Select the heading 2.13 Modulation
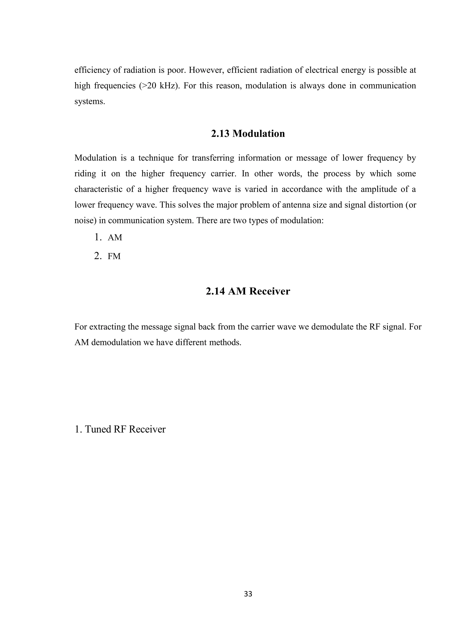pyautogui.click(x=248, y=133)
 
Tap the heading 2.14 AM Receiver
pyautogui.click(x=248, y=291)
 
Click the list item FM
pyautogui.click(x=114, y=256)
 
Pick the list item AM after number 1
pyautogui.click(x=115, y=238)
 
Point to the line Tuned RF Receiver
pyautogui.click(x=120, y=429)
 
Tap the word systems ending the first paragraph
pyautogui.click(x=89, y=102)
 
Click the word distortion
pyautogui.click(x=385, y=205)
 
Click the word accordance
pyautogui.click(x=299, y=189)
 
